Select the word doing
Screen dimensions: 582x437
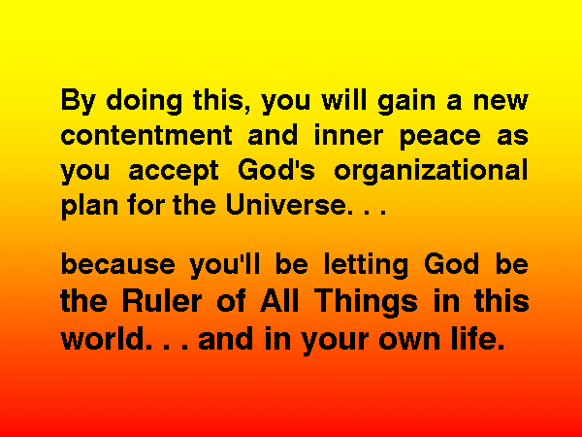(145, 101)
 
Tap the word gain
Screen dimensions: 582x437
(406, 101)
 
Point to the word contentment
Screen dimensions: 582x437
(147, 135)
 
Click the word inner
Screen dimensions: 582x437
(348, 135)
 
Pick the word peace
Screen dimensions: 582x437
(440, 138)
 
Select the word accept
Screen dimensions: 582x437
(174, 172)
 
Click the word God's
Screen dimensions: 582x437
(276, 169)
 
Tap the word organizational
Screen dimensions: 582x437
(431, 171)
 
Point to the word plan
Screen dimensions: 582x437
(89, 206)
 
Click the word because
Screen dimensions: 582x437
(117, 264)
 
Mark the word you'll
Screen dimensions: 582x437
(225, 265)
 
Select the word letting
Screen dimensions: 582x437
(366, 265)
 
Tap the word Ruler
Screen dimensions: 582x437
(162, 300)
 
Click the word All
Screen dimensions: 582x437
(279, 300)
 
